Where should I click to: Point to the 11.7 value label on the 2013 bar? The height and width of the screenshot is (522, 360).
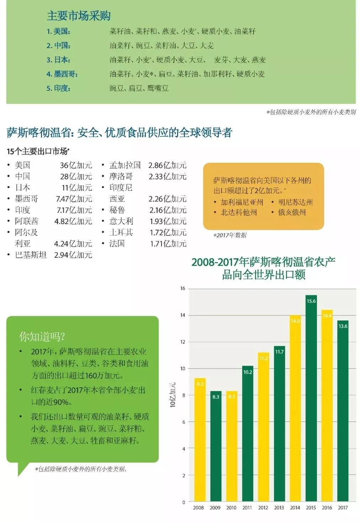[279, 352]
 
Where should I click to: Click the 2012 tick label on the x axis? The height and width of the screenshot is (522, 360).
[263, 508]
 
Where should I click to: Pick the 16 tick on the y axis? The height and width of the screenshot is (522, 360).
[183, 288]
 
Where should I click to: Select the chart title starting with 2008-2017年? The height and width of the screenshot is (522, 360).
[263, 268]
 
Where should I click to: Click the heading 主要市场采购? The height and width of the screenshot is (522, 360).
[79, 16]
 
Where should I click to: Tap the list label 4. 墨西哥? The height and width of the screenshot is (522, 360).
[62, 74]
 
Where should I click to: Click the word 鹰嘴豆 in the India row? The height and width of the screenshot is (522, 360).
[158, 88]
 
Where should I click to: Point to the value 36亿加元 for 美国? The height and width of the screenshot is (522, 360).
[76, 165]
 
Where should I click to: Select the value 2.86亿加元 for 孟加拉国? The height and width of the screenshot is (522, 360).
[167, 165]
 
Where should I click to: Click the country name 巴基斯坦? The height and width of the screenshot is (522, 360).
[31, 255]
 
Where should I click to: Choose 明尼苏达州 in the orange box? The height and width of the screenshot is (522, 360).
[295, 202]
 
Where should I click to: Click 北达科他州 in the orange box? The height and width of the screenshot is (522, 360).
[239, 213]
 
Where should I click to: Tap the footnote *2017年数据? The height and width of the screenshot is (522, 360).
[230, 235]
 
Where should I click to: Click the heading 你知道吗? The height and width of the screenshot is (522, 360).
[42, 336]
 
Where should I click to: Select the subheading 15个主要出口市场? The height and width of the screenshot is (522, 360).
[38, 151]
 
